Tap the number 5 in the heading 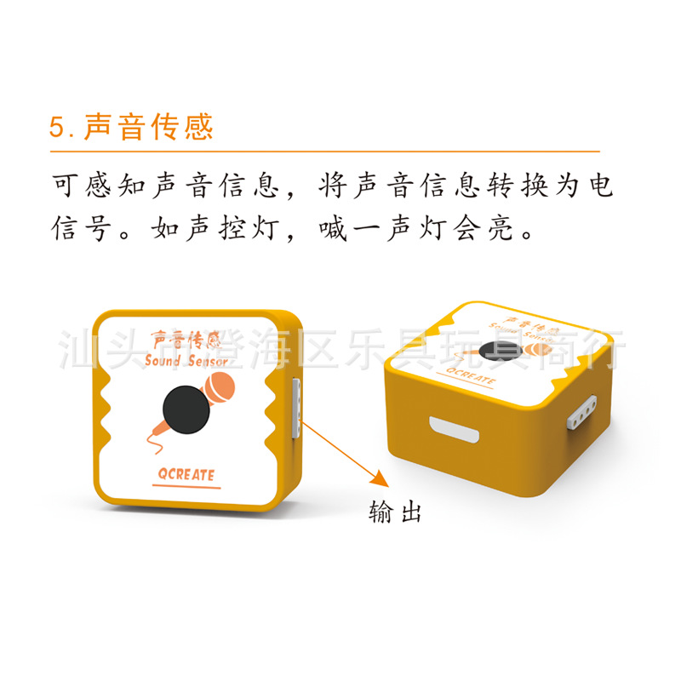tap(57, 128)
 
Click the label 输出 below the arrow tap(395, 512)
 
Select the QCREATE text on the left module tap(186, 475)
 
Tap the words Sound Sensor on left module tap(186, 361)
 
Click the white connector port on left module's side tap(296, 409)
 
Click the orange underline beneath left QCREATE tap(186, 488)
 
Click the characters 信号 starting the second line tap(83, 227)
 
